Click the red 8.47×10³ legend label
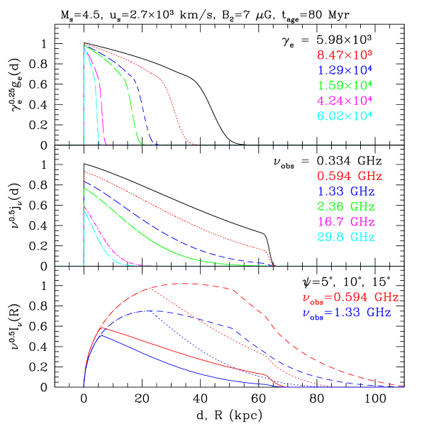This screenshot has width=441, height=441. click(345, 55)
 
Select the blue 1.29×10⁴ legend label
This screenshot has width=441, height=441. click(345, 70)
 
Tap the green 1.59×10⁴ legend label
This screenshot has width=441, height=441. click(345, 85)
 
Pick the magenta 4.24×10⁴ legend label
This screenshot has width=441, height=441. click(345, 100)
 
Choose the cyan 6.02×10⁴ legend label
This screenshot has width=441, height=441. click(345, 116)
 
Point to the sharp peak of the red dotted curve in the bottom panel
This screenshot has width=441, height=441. click(150, 288)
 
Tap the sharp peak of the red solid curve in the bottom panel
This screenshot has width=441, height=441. click(104, 328)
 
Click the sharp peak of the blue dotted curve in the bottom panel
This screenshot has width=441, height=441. click(146, 311)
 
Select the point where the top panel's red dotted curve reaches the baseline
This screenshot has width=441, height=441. click(194, 145)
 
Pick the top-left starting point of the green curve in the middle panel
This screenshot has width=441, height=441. click(84, 188)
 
